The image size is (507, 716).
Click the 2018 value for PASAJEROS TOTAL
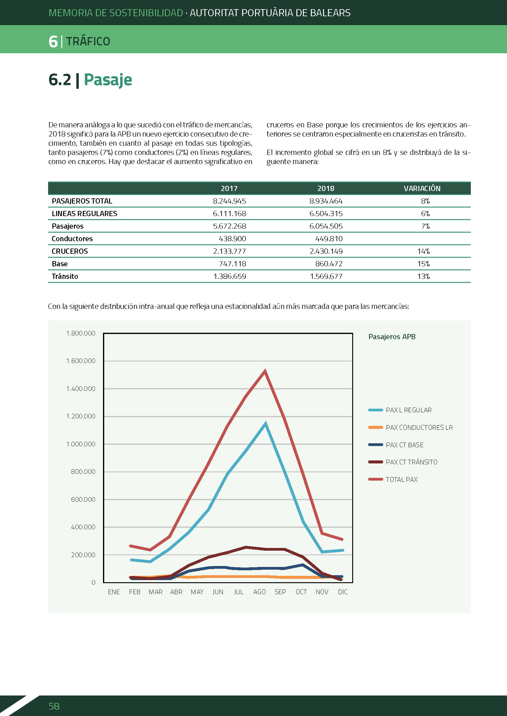[326, 201]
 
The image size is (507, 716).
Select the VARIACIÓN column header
[422, 188]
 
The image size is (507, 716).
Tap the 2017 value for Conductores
[232, 238]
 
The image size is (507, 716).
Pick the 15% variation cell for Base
[423, 264]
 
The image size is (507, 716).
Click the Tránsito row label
[65, 276]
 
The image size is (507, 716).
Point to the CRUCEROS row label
[70, 251]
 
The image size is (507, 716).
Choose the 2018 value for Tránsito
[326, 276]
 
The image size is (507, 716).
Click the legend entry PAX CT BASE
[396, 445]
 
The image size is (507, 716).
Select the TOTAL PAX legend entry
[393, 479]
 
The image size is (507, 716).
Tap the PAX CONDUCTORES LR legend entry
[410, 427]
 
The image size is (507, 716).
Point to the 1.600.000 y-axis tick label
[81, 361]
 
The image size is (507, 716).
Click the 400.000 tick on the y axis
[83, 527]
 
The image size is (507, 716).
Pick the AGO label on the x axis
[259, 592]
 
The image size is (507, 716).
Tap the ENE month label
[114, 592]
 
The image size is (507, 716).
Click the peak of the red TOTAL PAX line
[265, 371]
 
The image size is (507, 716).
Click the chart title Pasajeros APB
[392, 337]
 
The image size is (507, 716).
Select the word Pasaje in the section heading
[108, 80]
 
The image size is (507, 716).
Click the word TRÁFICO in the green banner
[88, 41]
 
